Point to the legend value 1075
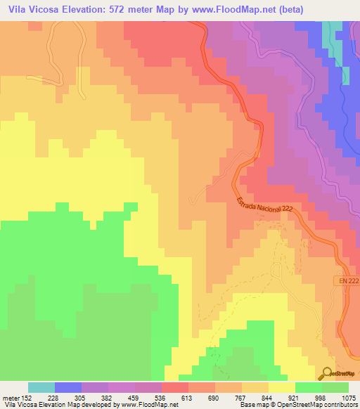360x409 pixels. pyautogui.click(x=347, y=398)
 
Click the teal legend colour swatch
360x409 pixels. pyautogui.click(x=41, y=387)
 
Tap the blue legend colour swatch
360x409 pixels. pyautogui.click(x=68, y=387)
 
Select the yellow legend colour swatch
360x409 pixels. pyautogui.click(x=282, y=387)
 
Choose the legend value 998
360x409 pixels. pyautogui.click(x=321, y=398)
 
